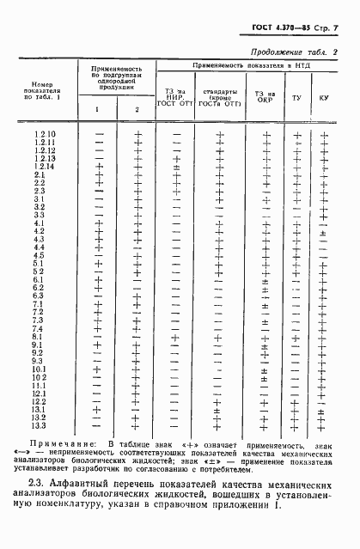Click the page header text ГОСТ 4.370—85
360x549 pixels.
coord(280,30)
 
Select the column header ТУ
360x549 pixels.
coord(296,98)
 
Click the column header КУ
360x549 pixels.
coord(323,98)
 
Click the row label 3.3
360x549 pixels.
coord(40,215)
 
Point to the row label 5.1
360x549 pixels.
coord(40,263)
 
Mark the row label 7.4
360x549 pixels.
coord(40,328)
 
